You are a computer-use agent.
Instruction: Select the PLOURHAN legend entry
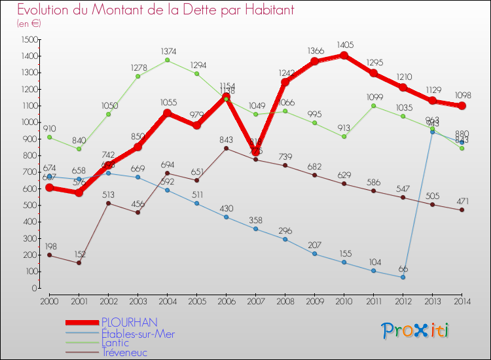click(x=129, y=322)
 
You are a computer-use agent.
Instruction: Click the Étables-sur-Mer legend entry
click(x=137, y=333)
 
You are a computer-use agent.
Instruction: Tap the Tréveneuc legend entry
click(x=124, y=352)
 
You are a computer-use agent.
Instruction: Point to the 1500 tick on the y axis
click(x=28, y=39)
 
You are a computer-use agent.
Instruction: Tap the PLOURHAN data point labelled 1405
click(x=344, y=56)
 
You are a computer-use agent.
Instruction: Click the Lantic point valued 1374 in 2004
click(x=168, y=60)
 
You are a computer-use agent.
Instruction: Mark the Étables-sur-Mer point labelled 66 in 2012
click(x=403, y=278)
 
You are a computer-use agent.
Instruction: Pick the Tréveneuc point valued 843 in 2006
click(x=226, y=148)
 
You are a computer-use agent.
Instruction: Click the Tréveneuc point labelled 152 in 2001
click(x=79, y=263)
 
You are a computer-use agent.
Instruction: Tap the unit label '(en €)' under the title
click(x=28, y=23)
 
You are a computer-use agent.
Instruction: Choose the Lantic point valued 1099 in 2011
click(x=373, y=106)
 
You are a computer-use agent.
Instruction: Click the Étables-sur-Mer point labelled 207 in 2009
click(x=314, y=254)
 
